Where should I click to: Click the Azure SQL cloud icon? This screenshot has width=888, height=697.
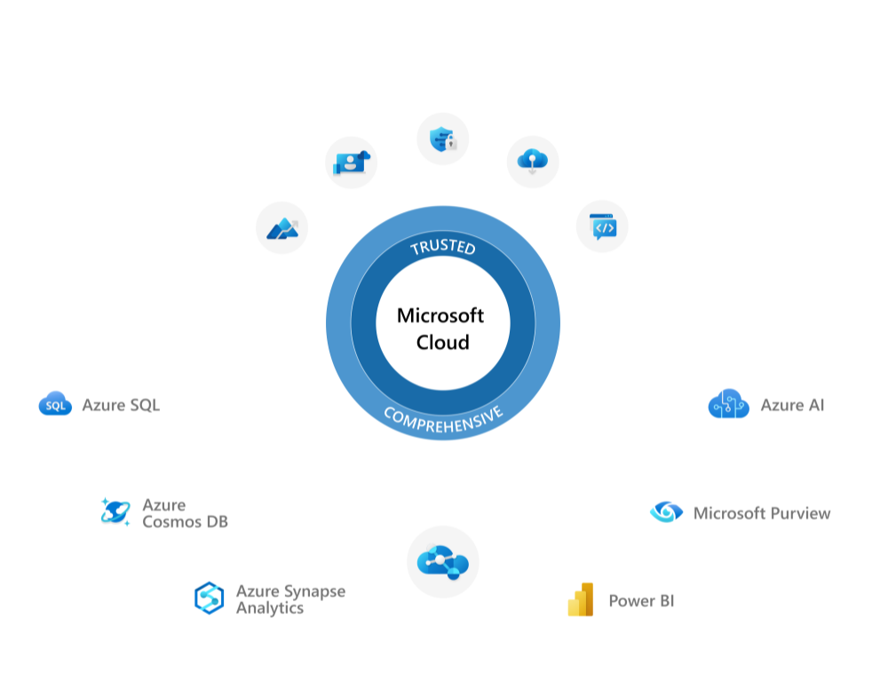click(55, 404)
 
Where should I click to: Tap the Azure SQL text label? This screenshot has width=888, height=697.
click(121, 405)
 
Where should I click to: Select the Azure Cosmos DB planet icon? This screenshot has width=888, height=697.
click(115, 511)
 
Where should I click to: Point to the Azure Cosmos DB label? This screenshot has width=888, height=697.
click(185, 513)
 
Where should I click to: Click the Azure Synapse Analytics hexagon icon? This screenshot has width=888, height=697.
click(209, 598)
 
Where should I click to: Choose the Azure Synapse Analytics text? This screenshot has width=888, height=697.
click(289, 599)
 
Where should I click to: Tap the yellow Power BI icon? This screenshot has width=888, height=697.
click(580, 600)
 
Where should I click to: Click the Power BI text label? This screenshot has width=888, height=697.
click(641, 601)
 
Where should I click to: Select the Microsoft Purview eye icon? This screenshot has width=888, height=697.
click(666, 512)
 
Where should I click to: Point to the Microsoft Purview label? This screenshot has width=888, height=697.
click(762, 513)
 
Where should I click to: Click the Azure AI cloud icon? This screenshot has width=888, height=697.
click(728, 404)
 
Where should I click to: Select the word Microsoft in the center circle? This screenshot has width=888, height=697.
click(440, 315)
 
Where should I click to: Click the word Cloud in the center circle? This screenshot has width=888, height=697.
click(442, 342)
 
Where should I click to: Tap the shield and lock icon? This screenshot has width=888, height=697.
click(442, 139)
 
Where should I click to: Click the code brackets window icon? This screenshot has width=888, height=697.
click(602, 226)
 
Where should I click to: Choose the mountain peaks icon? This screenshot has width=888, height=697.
click(281, 228)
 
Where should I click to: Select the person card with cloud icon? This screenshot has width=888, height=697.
click(352, 162)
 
